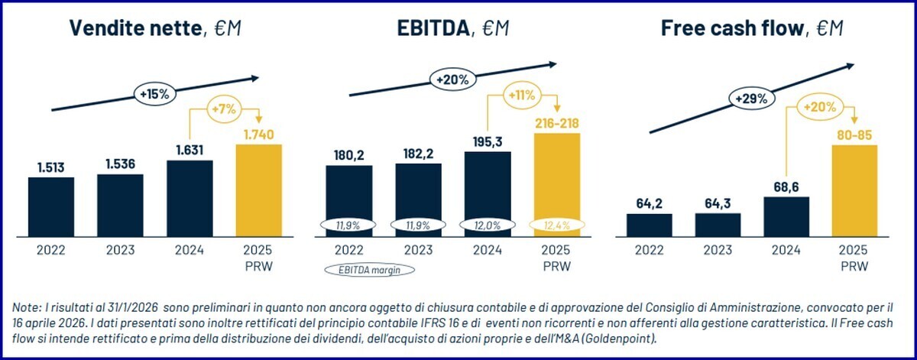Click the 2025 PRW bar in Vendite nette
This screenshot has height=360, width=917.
(259, 190)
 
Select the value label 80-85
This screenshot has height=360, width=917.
(854, 135)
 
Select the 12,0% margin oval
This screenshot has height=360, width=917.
(488, 225)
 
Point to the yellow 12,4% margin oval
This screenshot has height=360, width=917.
(556, 225)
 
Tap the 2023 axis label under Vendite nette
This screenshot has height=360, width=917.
(120, 250)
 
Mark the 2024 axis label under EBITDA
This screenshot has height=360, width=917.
(488, 250)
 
